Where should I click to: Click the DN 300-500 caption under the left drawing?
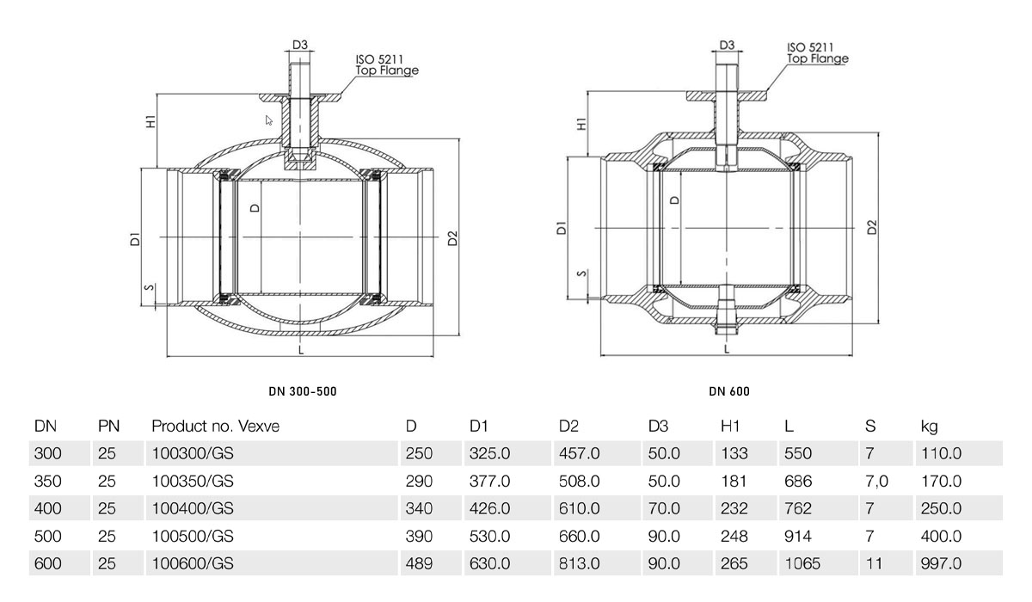(303, 391)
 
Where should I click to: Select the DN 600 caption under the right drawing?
(729, 391)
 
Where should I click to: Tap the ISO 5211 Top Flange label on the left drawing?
(387, 65)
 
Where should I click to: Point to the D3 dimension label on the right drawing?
(727, 45)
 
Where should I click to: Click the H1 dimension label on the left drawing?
(151, 121)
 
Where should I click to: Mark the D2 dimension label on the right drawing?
(872, 228)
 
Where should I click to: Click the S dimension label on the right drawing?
(582, 273)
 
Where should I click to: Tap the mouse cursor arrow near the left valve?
(268, 120)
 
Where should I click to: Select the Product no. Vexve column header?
(216, 426)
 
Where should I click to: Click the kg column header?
(930, 427)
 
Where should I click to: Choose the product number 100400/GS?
(193, 508)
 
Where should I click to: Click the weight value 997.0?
(941, 563)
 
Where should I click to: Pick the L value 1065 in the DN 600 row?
(802, 563)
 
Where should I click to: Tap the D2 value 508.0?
(580, 482)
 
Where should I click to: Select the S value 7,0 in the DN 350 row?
(876, 482)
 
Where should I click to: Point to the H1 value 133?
(734, 454)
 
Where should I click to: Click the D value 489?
(420, 563)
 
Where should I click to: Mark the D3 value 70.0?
(664, 508)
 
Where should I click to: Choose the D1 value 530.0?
(489, 536)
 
